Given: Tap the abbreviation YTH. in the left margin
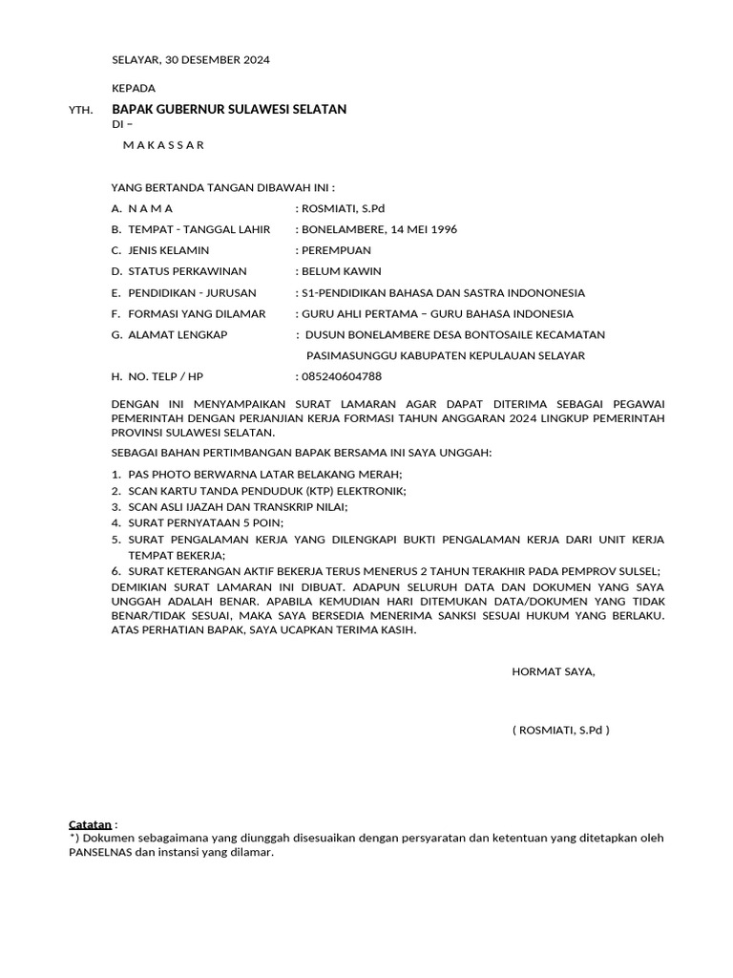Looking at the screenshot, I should (81, 111).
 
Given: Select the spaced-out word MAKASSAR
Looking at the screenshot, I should (163, 145).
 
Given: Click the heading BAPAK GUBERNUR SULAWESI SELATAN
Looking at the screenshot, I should (229, 110).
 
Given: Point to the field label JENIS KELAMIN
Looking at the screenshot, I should (168, 250).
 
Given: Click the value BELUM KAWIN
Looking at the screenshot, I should (341, 271).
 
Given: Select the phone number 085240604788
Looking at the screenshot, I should (341, 376).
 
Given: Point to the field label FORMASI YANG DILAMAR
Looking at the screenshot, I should (197, 313).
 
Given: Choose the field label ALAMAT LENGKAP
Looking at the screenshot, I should (178, 334).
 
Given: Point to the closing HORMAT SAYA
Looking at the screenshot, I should (554, 671).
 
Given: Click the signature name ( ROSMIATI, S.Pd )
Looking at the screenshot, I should (560, 731).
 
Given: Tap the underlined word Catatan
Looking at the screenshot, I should (91, 824).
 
